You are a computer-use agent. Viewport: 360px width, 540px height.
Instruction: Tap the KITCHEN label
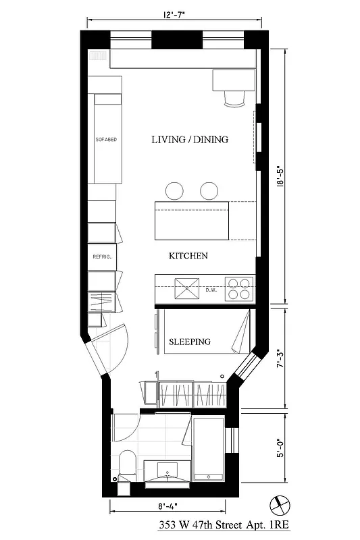pyautogui.click(x=188, y=256)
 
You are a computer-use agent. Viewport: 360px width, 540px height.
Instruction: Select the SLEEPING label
pyautogui.click(x=189, y=342)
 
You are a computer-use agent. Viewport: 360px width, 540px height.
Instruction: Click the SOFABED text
pyautogui.click(x=106, y=140)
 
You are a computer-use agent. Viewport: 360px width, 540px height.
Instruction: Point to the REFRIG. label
pyautogui.click(x=101, y=257)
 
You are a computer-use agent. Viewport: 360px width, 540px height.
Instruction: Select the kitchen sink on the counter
pyautogui.click(x=186, y=289)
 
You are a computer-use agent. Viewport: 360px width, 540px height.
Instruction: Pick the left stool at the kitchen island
pyautogui.click(x=174, y=190)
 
